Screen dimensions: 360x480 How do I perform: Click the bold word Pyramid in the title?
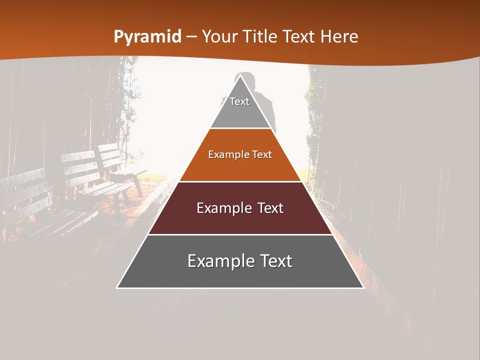[x=147, y=37]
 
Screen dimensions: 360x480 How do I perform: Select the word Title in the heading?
[x=260, y=37]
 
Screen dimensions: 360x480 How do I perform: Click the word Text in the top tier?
[x=239, y=102]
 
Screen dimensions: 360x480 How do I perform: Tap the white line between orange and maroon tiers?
[x=240, y=181]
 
